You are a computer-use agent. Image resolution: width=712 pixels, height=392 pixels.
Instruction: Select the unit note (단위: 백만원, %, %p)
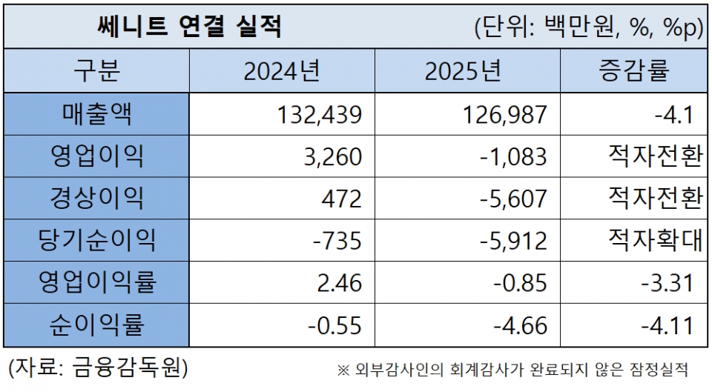(x=588, y=28)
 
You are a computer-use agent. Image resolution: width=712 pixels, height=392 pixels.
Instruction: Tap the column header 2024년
(x=281, y=71)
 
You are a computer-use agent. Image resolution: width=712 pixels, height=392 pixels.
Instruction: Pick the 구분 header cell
(x=96, y=71)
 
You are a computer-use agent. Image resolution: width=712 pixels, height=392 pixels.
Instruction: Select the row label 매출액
(x=96, y=114)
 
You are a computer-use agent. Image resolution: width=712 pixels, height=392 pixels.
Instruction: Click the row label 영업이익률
(x=96, y=282)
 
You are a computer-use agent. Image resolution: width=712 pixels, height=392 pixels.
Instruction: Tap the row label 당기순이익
(x=96, y=240)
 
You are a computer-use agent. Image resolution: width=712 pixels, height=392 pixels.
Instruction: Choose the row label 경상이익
(x=96, y=198)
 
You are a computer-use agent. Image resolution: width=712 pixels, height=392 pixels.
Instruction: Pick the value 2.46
(x=338, y=283)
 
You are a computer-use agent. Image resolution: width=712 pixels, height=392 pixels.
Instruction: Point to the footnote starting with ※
(x=512, y=368)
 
